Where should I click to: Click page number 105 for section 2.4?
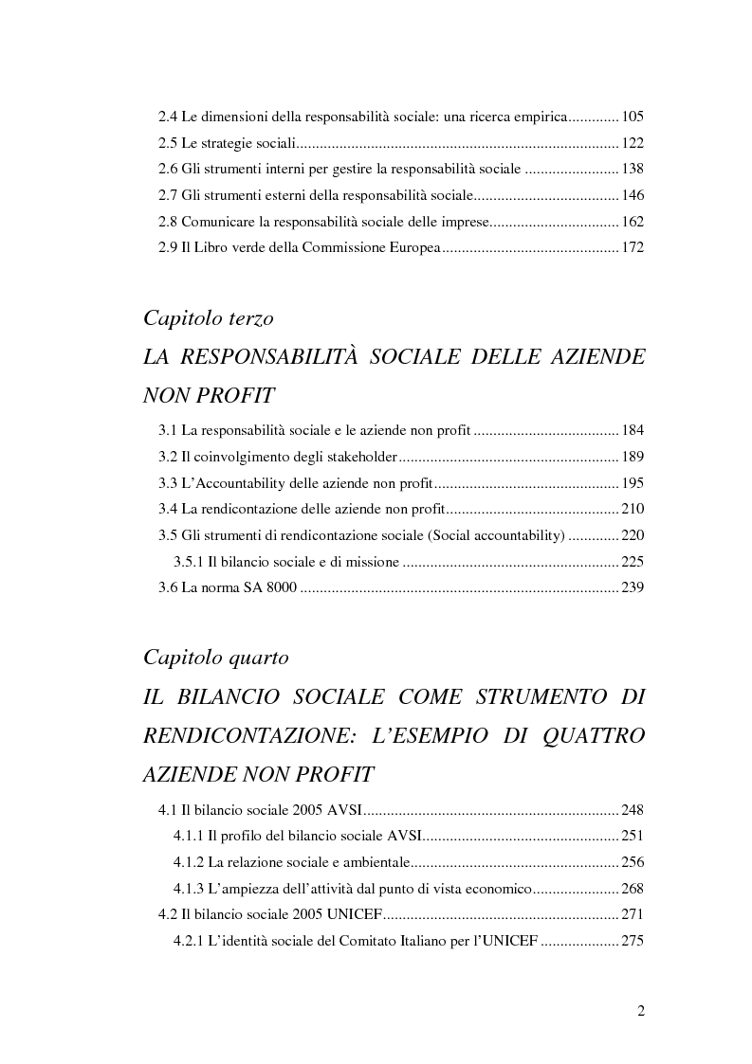(x=633, y=117)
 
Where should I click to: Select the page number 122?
(x=633, y=144)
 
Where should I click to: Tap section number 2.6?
(x=167, y=170)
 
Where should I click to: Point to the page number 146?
(x=633, y=196)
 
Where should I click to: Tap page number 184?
(x=633, y=431)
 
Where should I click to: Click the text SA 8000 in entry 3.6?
(x=270, y=588)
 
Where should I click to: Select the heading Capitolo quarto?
(x=215, y=657)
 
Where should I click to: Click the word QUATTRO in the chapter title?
(x=585, y=736)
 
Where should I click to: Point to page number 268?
(x=633, y=888)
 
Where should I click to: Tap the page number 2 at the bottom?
(x=640, y=1011)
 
